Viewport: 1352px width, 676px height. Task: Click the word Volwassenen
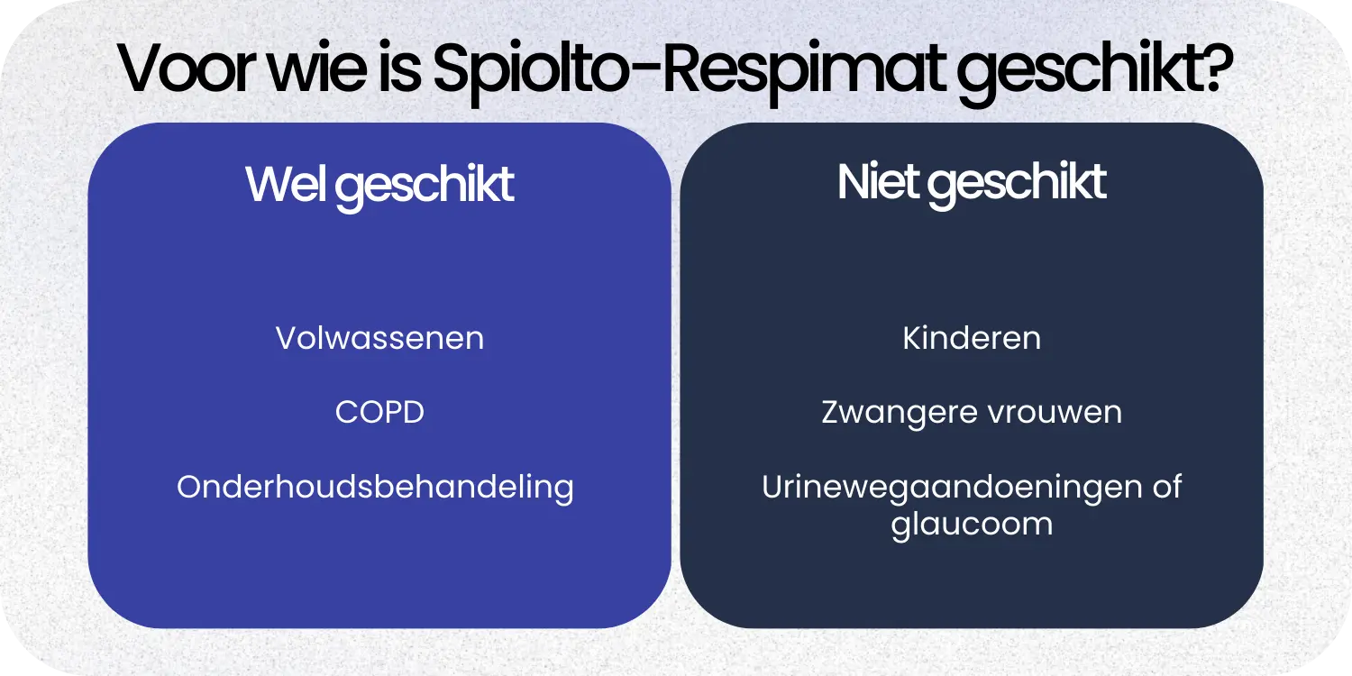click(379, 339)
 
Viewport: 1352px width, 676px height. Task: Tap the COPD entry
click(379, 413)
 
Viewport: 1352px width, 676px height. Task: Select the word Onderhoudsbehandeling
click(375, 488)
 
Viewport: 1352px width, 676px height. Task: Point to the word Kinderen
click(972, 339)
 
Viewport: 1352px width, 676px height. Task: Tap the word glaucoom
click(972, 524)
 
